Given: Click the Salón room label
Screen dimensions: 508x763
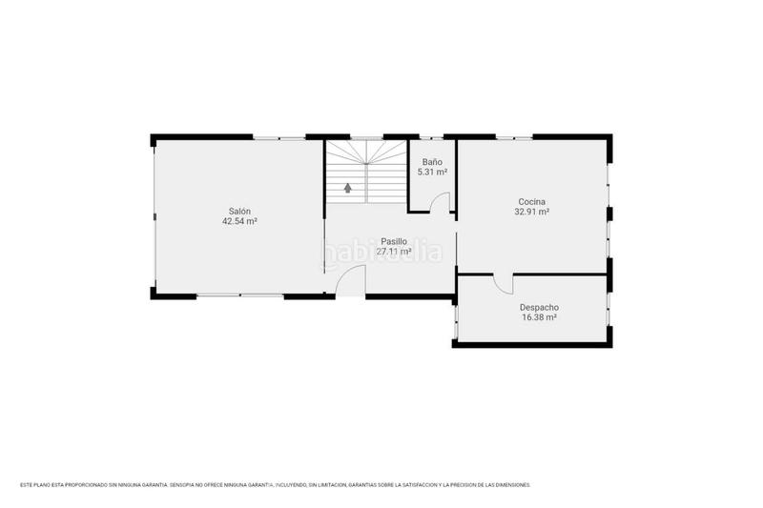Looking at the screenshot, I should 239,211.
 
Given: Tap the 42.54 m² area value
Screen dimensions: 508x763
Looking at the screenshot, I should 239,221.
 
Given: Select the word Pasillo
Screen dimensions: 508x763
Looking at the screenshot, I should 393,242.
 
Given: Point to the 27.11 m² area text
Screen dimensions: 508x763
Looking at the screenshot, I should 393,253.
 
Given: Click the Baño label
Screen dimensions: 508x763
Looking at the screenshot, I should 432,163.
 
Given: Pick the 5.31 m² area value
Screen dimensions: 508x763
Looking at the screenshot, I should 432,173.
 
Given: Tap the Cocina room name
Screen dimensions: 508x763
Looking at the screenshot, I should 531,201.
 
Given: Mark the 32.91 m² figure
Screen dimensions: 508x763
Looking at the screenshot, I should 531,212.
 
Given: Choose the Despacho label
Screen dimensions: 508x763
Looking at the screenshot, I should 539,307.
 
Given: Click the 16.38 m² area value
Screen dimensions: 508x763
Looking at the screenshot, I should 539,317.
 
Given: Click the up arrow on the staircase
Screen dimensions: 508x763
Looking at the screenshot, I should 348,188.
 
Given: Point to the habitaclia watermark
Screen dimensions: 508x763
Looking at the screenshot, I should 381,254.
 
